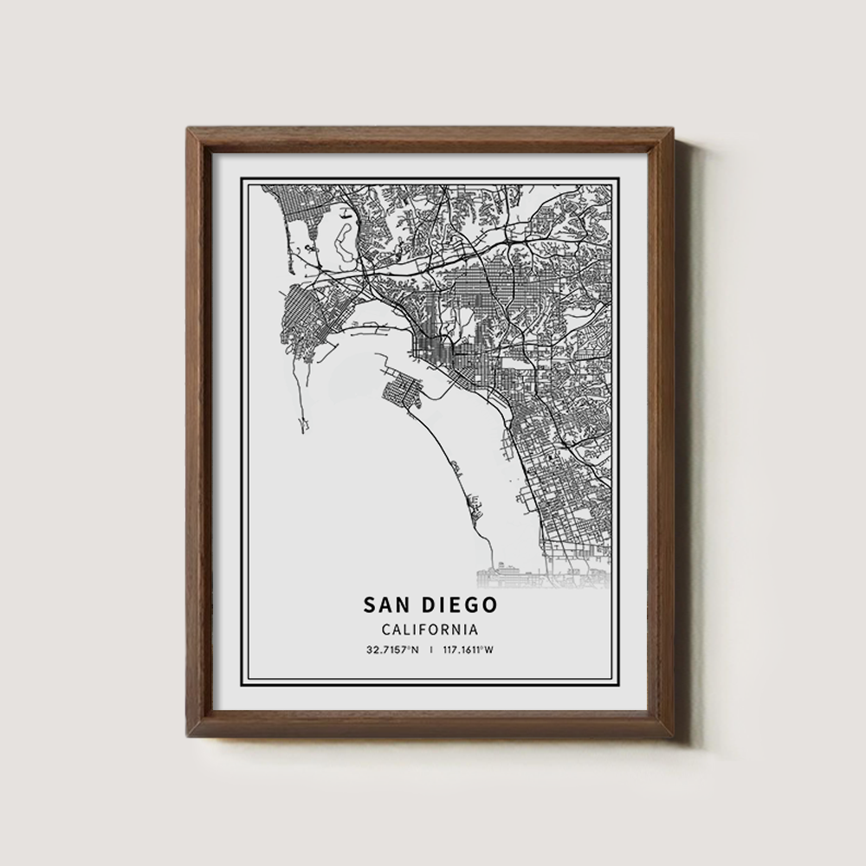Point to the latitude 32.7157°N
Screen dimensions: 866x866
click(392, 650)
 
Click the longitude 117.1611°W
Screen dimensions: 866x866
click(467, 650)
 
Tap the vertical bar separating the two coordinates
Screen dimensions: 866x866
click(430, 650)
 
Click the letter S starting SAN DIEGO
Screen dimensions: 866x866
click(369, 604)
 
